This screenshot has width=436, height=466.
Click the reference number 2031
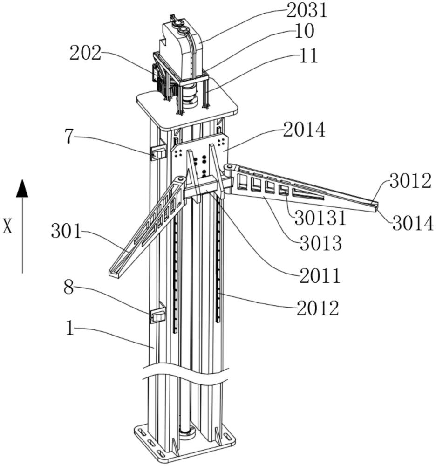(x=307, y=11)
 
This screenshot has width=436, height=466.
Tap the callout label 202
(x=86, y=54)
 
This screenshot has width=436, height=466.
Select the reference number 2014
(x=304, y=130)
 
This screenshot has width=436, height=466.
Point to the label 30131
(x=320, y=218)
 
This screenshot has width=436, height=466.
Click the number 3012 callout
(x=410, y=181)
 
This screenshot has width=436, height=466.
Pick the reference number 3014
(x=413, y=224)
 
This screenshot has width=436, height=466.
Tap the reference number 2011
(x=320, y=275)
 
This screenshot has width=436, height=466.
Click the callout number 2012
(x=318, y=308)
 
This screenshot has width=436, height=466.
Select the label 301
(x=66, y=231)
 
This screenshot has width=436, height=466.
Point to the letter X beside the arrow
(x=7, y=226)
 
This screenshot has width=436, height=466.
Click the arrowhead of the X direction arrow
(x=22, y=188)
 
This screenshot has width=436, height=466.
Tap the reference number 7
(x=69, y=137)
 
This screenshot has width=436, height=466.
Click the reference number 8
(x=68, y=288)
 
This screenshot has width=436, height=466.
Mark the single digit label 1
(x=70, y=329)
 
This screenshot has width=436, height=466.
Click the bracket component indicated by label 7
(x=158, y=152)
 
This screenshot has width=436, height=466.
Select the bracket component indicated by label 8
(x=158, y=315)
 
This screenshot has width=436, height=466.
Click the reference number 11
(x=309, y=55)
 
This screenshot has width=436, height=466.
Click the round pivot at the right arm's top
(x=228, y=168)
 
